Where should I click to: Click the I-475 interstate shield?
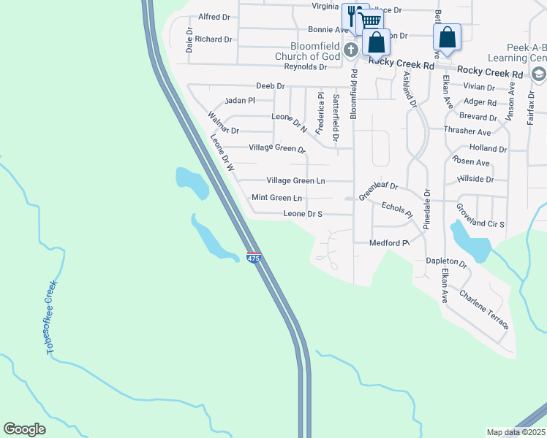[x=254, y=259]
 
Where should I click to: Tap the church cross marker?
[x=350, y=50]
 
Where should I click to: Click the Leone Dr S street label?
[x=303, y=214]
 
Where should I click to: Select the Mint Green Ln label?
[x=276, y=198]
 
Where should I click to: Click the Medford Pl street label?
[x=388, y=243]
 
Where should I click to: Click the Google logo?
[x=24, y=429]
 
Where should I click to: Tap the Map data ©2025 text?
[x=516, y=432]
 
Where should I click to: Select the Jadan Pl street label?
[x=240, y=100]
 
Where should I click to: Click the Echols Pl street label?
[x=398, y=209]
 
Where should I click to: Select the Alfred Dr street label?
[x=214, y=16]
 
